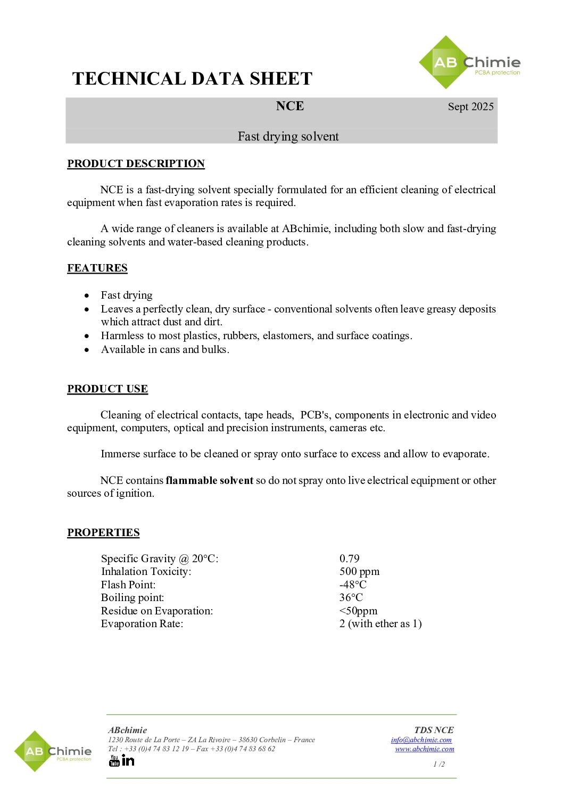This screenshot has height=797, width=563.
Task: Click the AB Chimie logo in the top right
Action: coord(469,63)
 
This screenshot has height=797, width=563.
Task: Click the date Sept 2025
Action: coord(470,106)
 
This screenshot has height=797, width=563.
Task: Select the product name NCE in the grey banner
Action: coord(290,106)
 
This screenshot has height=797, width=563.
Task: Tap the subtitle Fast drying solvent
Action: coord(288,136)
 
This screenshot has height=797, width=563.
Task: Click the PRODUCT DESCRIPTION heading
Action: coord(136,163)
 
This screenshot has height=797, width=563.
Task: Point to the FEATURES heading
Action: coord(97,268)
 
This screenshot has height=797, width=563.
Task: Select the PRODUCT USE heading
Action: coord(107,389)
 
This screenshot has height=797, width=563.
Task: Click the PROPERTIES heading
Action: coord(103,532)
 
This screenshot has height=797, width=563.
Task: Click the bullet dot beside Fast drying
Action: coord(87,295)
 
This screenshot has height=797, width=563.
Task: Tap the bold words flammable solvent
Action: coord(209,480)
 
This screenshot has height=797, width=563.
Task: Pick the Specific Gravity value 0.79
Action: coord(349,558)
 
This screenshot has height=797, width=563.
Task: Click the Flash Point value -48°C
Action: coord(353,585)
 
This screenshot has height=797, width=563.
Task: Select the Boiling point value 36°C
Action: coord(351,597)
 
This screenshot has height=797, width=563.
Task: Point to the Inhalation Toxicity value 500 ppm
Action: coord(359,571)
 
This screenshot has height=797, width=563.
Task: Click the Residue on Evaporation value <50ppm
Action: coord(358,611)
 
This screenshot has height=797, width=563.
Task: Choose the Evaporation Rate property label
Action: coord(142,623)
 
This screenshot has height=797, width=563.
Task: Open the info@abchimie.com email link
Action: coord(421,740)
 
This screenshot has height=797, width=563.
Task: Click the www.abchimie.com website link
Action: coord(424,749)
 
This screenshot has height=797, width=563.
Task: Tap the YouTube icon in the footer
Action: coord(114,760)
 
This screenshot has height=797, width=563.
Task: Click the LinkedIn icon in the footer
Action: coord(128,760)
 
